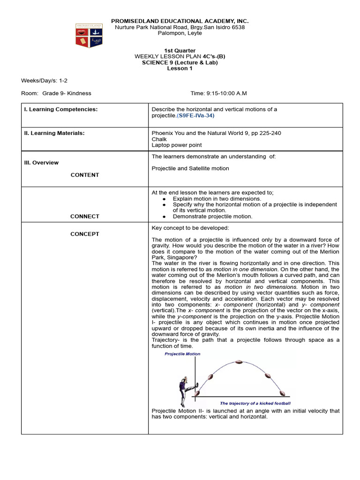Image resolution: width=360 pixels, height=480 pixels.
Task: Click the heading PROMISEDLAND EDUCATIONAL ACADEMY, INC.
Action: (180, 21)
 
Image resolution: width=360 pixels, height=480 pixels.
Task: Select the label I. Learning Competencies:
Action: (61, 109)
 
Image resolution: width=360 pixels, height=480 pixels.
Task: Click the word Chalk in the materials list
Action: (159, 139)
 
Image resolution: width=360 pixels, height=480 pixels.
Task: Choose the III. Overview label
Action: (41, 163)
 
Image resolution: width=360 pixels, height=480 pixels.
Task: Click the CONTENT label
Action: (85, 175)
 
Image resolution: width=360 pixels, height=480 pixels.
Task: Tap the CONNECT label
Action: (85, 217)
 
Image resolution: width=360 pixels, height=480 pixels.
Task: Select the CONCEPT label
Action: (85, 234)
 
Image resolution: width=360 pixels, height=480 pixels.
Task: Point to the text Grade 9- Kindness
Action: (67, 93)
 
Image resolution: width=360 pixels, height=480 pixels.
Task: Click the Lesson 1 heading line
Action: (180, 68)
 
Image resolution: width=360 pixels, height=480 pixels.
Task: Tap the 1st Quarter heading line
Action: (180, 50)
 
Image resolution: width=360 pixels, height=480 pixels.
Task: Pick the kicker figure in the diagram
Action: (184, 387)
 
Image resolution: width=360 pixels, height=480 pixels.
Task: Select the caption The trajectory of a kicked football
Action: (255, 404)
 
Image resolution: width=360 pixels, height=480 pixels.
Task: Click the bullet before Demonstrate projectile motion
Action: (164, 217)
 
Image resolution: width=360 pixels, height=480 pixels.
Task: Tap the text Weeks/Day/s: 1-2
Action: (44, 81)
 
